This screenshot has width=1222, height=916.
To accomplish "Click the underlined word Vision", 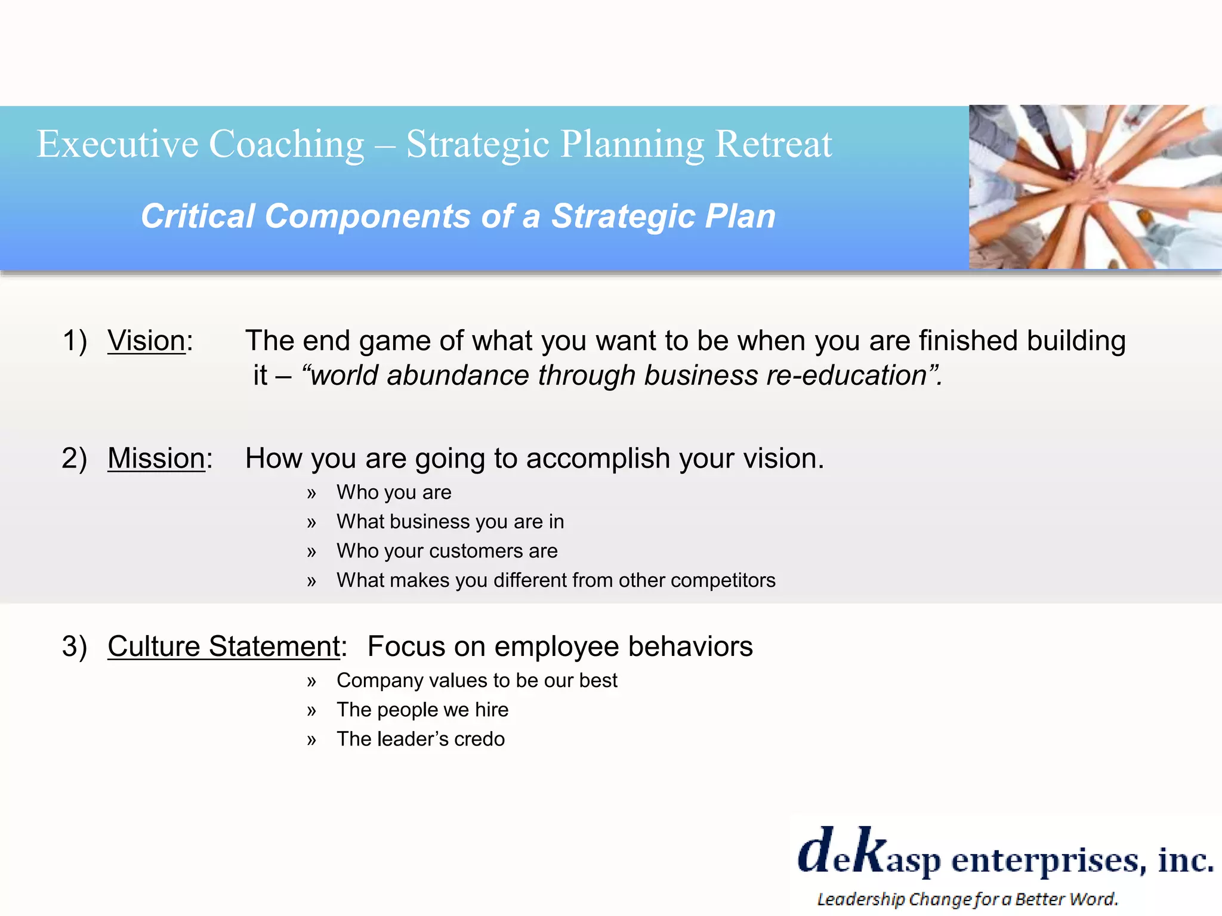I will [146, 341].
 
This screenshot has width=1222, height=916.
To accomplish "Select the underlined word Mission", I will [156, 458].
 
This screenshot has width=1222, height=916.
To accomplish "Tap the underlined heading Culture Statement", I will [224, 646].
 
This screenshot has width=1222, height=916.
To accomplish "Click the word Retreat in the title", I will [773, 144].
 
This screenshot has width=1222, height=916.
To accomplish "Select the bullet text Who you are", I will [394, 493].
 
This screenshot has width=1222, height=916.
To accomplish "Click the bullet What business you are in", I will [450, 522].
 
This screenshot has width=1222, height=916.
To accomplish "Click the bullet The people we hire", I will [422, 710].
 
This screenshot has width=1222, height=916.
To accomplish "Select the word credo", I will [479, 739].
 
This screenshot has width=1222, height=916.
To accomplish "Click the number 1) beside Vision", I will [75, 341].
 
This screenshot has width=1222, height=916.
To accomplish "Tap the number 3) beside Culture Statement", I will [75, 646].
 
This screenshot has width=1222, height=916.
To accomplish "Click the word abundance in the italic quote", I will [458, 376].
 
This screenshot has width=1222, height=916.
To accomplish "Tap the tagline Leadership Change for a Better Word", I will [967, 899].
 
